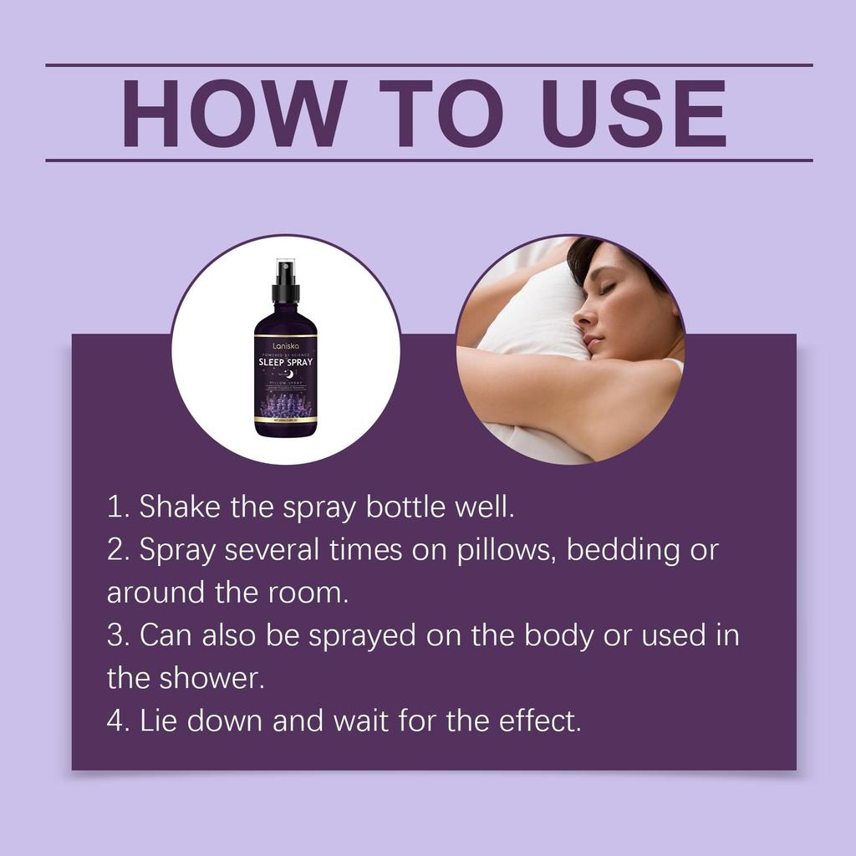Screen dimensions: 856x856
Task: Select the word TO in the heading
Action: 438,114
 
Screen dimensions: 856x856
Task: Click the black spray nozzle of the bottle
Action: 286,284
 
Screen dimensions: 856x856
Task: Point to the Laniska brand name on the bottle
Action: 286,344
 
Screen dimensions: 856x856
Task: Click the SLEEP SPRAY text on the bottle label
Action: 286,363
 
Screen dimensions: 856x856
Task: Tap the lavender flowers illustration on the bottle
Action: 286,408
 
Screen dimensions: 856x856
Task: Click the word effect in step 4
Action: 543,721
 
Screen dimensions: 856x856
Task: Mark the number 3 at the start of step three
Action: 115,635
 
